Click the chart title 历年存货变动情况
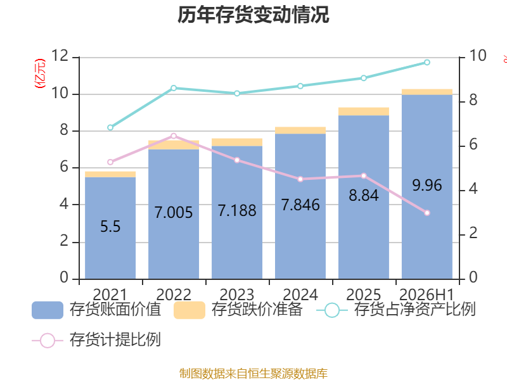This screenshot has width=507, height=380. [253, 15]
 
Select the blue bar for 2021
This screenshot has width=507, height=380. [110, 228]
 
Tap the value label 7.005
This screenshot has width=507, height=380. [174, 212]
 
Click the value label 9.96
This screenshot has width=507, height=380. [427, 185]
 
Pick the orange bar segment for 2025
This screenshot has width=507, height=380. [364, 111]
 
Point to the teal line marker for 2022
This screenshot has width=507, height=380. [174, 88]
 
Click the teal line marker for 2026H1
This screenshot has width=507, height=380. [427, 62]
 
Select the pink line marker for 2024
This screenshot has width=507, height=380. [300, 179]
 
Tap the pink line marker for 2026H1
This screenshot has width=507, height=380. [427, 213]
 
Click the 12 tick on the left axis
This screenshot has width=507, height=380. [60, 56]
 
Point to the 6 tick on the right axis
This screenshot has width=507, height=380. [473, 144]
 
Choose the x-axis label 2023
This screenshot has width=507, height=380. [237, 294]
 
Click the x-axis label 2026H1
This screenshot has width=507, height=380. [427, 294]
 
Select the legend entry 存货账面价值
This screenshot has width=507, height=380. [96, 310]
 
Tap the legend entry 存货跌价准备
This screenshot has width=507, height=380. [238, 310]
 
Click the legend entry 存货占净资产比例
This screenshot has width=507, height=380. [395, 310]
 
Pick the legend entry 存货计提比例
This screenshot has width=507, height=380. [96, 340]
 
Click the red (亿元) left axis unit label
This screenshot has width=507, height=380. [40, 73]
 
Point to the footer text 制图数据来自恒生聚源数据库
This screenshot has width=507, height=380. [253, 374]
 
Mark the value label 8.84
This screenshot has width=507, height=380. [364, 195]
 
